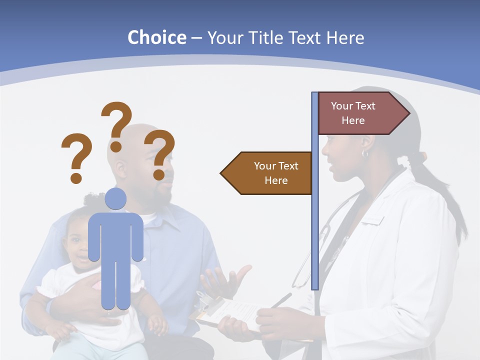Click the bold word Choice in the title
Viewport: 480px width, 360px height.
click(x=156, y=37)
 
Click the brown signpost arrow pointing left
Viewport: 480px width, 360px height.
click(x=267, y=173)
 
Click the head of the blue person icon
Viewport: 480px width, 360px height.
click(x=115, y=198)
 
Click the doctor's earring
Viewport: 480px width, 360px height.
click(x=364, y=153)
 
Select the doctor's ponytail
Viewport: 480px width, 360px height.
click(x=445, y=200)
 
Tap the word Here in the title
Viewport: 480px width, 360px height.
click(x=345, y=37)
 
